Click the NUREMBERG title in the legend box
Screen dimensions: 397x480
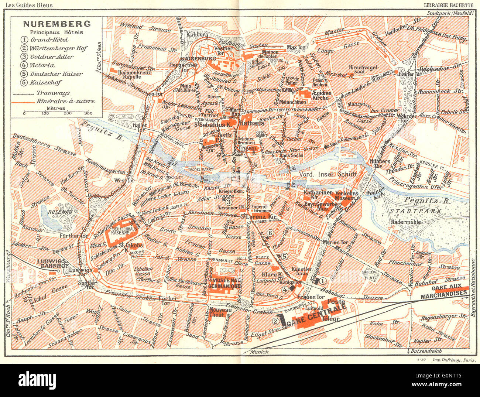coord(57,24)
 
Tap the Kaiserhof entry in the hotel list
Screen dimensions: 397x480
coord(46,82)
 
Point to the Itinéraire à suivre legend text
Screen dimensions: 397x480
coord(65,101)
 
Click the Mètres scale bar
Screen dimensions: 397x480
coord(56,111)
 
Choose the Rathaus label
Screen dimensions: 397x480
coord(252,123)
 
